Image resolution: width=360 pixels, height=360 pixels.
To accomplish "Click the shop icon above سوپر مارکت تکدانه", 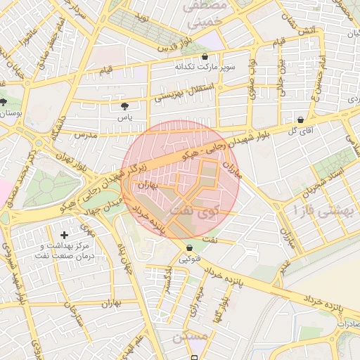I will point(205,56).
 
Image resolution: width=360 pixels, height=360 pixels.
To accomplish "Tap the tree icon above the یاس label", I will point(125,106).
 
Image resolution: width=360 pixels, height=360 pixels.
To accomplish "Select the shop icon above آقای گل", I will point(301,120).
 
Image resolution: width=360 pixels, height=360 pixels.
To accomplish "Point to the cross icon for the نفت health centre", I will point(65,234).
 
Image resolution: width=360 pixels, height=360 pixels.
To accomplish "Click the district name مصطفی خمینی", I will point(205,14).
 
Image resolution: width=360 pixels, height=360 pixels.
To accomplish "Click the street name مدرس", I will point(84,134).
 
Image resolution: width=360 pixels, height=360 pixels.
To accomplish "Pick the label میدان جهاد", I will point(105,206).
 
